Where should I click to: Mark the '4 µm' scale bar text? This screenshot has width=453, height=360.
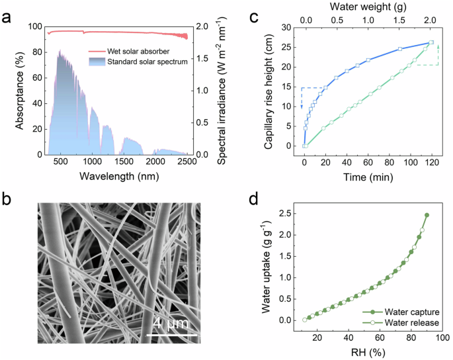[171, 324]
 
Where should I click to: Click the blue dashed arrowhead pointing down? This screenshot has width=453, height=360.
[302, 107]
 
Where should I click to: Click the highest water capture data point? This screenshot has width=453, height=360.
[427, 215]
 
